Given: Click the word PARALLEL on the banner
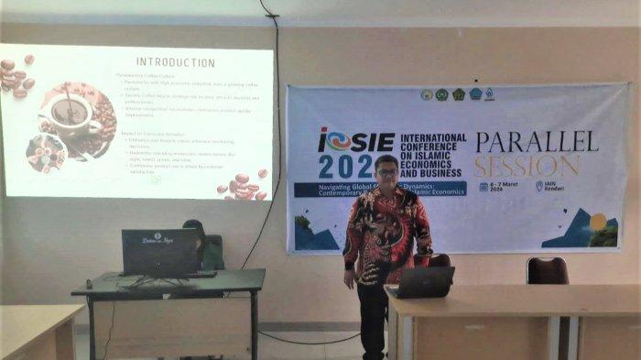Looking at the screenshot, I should pyautogui.click(x=537, y=140).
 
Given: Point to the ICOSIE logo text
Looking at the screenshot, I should pyautogui.click(x=356, y=141).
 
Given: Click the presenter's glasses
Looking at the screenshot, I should pyautogui.click(x=387, y=172).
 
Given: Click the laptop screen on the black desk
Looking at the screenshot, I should pyautogui.click(x=160, y=251).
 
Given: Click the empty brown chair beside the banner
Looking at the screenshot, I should pyautogui.click(x=547, y=270).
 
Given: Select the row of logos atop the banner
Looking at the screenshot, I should pyautogui.click(x=457, y=94).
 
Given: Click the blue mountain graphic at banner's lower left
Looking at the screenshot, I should pyautogui.click(x=316, y=234).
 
